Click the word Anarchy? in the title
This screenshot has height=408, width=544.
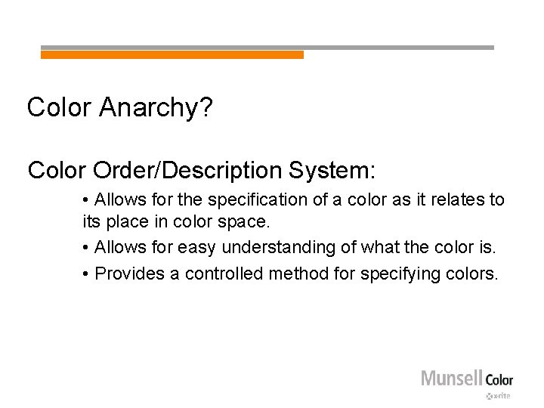pos(156,108)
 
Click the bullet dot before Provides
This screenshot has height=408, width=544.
pos(87,274)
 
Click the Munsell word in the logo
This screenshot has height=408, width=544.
pos(450,378)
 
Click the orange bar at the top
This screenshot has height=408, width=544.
pos(172,55)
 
